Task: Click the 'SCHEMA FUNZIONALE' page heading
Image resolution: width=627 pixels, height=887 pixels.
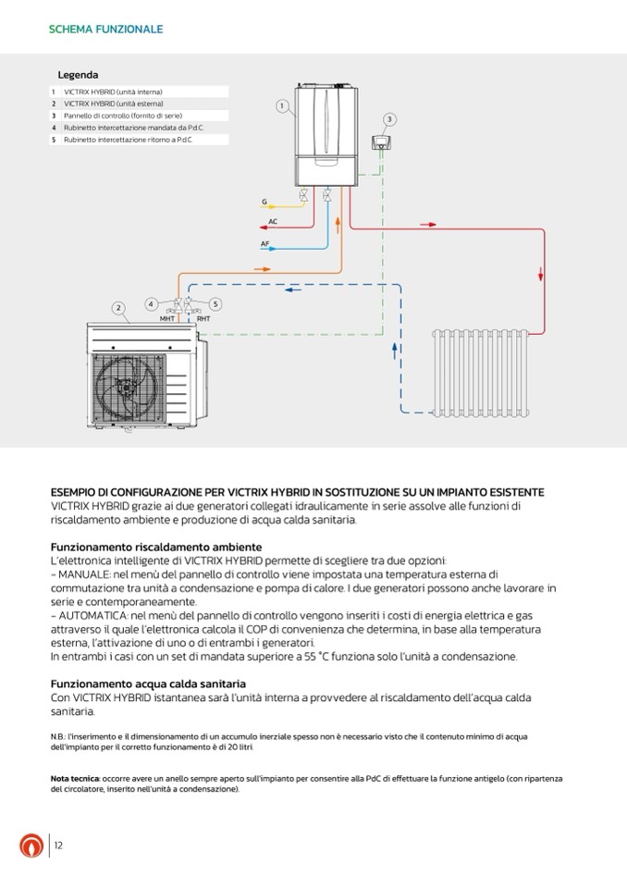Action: [x=105, y=30]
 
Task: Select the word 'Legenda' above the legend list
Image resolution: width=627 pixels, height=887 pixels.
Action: [x=78, y=75]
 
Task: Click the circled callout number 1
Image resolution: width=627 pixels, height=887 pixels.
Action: [x=281, y=106]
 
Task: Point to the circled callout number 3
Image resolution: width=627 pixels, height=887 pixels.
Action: [x=389, y=119]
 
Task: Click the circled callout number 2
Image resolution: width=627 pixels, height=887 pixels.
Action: [x=118, y=307]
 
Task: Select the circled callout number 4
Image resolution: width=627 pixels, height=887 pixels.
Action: [x=152, y=303]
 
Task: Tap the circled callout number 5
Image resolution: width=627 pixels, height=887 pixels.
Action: [x=215, y=303]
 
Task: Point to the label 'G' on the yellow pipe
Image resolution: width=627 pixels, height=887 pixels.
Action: [x=264, y=201]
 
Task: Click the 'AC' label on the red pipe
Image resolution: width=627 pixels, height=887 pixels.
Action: [x=273, y=222]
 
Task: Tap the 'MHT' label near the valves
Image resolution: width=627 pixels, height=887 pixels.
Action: [x=167, y=318]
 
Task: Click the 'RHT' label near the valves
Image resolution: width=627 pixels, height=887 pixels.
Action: [x=203, y=318]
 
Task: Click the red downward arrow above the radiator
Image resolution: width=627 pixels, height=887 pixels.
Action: [x=541, y=274]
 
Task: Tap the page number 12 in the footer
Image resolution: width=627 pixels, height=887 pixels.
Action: [x=58, y=845]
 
